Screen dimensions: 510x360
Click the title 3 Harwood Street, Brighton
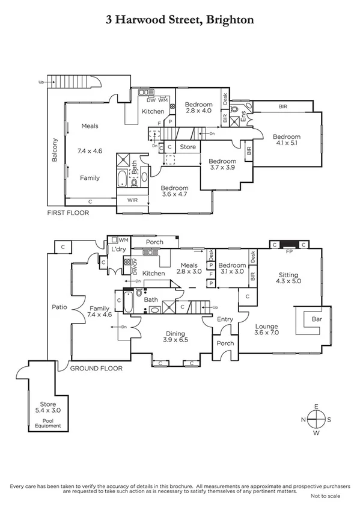(180, 20)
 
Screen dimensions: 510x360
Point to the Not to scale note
(325, 496)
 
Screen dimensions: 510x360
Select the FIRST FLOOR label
(68, 213)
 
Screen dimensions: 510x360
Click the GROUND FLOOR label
(96, 368)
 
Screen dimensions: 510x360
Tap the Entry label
(225, 319)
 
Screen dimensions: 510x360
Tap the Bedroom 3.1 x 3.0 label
(231, 268)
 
